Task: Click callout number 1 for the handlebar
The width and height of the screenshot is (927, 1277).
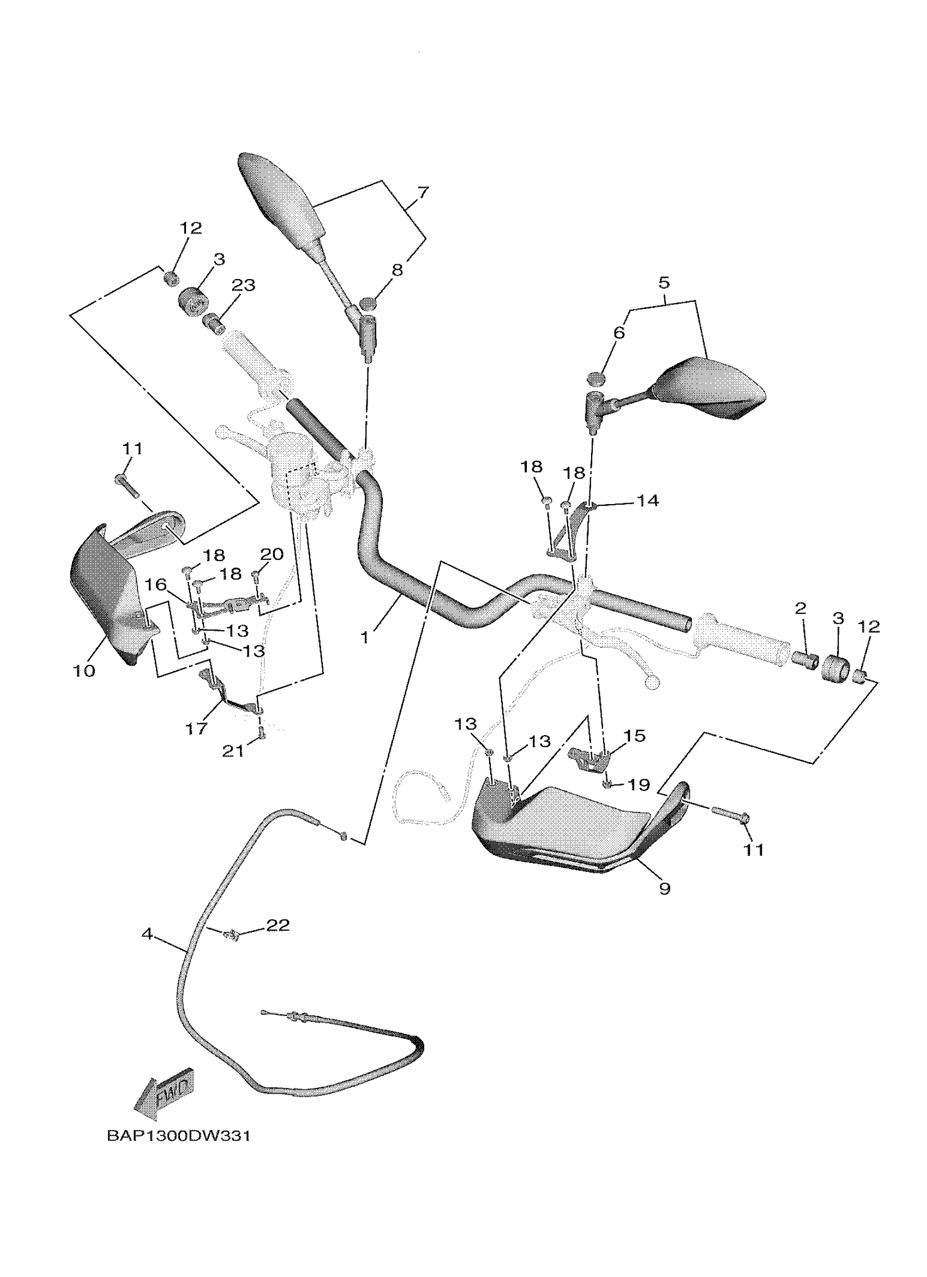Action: pos(365,637)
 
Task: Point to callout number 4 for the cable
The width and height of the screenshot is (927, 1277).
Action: pos(148,934)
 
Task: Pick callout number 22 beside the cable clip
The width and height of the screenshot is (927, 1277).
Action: pos(278,925)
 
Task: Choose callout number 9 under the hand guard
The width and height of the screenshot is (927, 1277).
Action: pos(665,888)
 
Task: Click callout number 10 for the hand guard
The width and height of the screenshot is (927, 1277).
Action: pos(84,670)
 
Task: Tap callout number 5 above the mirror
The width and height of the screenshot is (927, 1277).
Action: pos(664,282)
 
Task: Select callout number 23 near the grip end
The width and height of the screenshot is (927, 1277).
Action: pos(243,286)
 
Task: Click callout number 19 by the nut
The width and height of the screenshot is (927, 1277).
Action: pos(639,784)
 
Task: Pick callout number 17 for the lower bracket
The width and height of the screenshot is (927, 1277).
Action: pos(196,729)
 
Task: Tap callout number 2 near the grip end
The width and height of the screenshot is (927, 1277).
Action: pos(800,608)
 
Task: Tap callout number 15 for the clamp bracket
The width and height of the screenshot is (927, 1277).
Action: pos(634,735)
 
